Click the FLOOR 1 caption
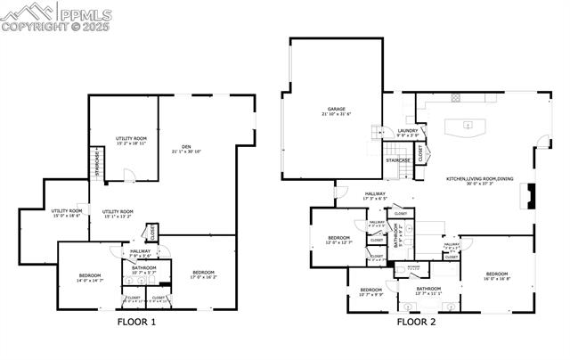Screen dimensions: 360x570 [x=136, y=322]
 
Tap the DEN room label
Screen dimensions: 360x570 [x=186, y=149]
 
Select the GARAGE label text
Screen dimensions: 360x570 [x=337, y=112]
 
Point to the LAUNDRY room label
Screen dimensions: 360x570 [x=408, y=133]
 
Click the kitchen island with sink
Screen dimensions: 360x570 [x=465, y=126]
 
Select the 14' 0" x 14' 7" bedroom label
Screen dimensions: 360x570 [x=89, y=277]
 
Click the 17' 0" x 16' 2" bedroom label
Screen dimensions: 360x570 [x=204, y=274]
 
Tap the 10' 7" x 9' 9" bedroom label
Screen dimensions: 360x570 [x=370, y=292]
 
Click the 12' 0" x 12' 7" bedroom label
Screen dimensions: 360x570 [x=339, y=240]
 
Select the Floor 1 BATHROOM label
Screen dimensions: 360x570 [x=144, y=269]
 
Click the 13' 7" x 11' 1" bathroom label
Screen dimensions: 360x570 [x=423, y=290]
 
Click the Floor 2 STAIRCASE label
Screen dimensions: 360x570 [x=397, y=160]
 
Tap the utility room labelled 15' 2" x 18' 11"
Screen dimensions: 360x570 [x=131, y=141]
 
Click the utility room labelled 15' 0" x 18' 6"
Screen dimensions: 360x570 [x=66, y=212]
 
